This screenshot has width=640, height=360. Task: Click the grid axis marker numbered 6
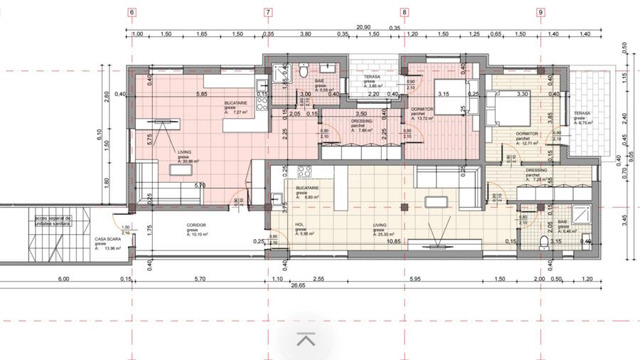point(132,12)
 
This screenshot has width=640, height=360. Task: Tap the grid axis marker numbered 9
point(541,12)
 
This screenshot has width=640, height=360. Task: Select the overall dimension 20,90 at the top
point(363,26)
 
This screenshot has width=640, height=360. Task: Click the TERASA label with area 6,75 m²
point(582,117)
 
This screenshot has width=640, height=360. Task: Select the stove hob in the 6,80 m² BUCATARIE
point(306,171)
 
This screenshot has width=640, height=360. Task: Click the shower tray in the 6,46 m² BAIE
point(580,213)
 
